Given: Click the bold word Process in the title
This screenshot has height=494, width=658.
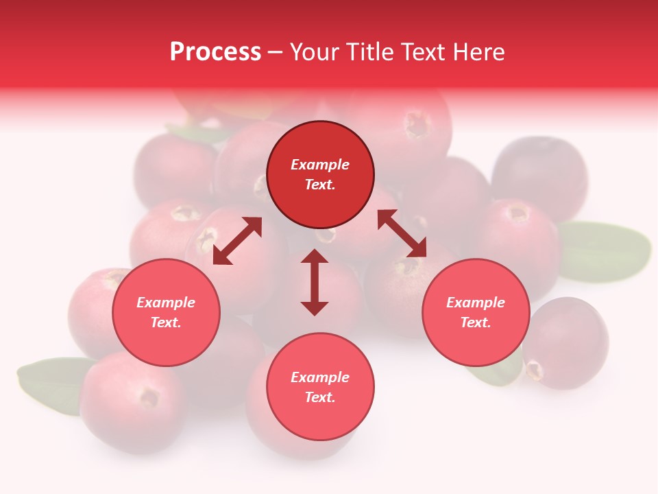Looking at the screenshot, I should tap(215, 52).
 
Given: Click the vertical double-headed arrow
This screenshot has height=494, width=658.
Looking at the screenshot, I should tap(315, 282).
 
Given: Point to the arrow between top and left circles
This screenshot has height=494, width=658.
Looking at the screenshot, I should tap(237, 241).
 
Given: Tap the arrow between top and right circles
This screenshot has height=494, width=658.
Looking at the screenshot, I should tap(402, 233).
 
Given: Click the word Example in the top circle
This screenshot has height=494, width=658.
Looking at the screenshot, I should tap(320, 165).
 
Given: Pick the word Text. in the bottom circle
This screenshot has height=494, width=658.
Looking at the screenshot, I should tap(320, 397).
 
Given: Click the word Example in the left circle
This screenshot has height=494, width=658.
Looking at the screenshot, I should tap(166, 303).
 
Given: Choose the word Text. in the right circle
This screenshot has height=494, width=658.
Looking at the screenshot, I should tap(476, 322).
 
